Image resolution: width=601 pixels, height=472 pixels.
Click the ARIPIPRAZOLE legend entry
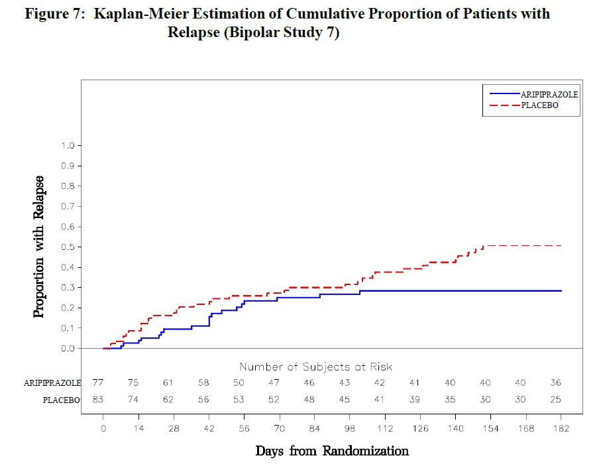[549, 95]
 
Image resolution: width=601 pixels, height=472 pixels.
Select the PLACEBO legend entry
[539, 105]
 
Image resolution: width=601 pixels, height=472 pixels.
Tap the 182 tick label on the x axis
[561, 430]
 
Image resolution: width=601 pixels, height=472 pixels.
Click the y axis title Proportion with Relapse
[40, 247]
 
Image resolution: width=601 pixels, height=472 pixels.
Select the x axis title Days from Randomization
[332, 451]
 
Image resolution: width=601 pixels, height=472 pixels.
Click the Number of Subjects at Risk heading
[315, 367]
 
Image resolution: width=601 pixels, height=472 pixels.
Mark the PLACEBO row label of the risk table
[62, 400]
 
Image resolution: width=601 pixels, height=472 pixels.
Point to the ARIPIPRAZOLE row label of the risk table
[52, 383]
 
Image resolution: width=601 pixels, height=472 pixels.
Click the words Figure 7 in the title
[51, 14]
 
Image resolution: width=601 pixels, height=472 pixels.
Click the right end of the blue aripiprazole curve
[561, 291]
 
